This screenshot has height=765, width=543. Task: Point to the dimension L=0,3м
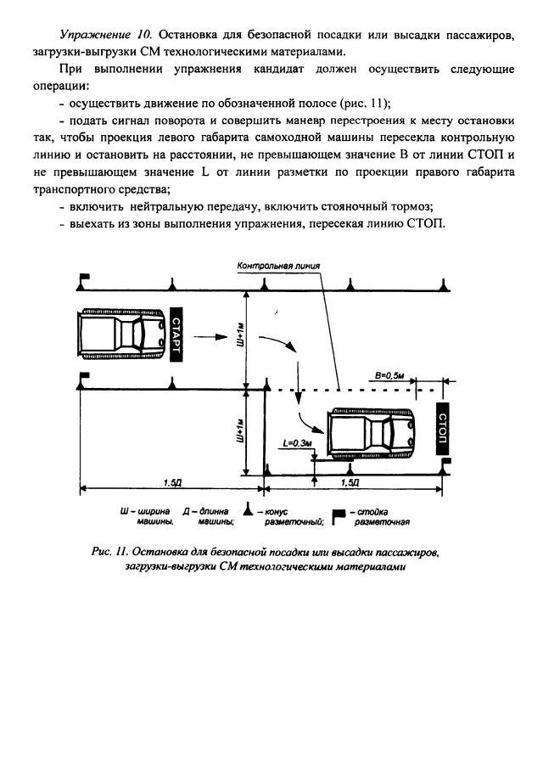(x=297, y=443)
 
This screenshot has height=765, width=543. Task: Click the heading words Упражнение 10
(x=93, y=35)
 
